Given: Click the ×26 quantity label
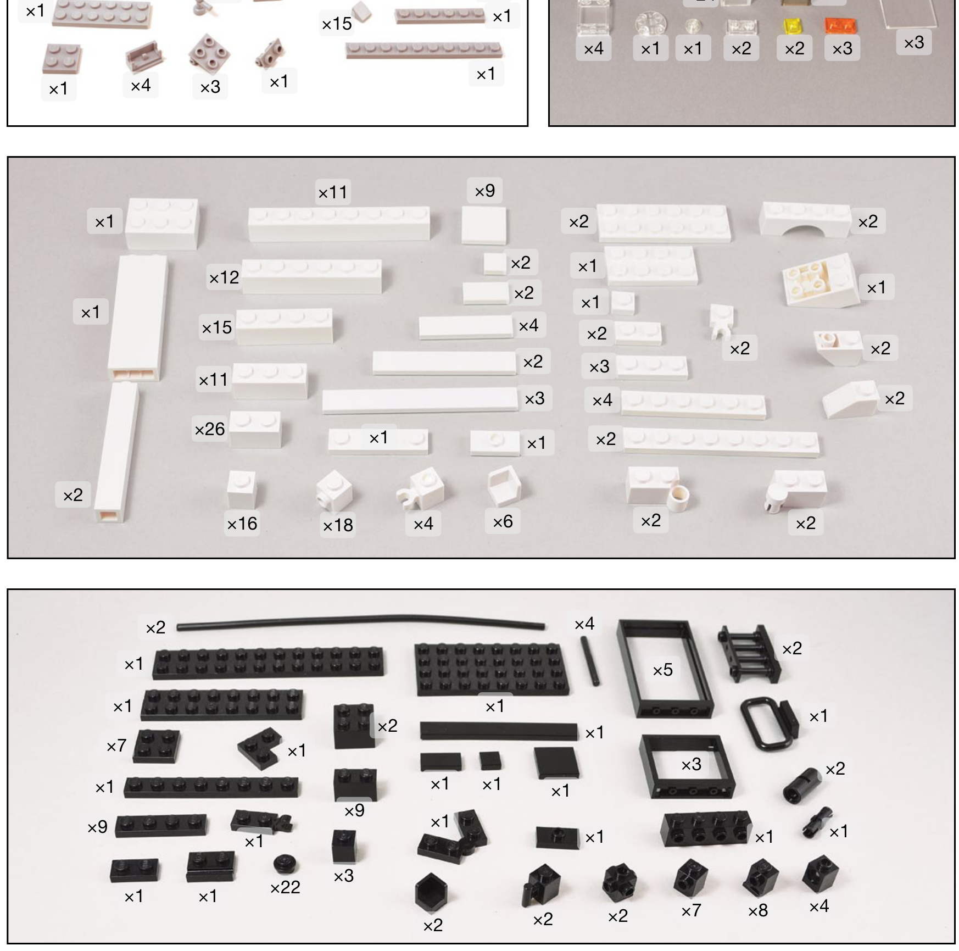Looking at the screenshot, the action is (x=210, y=429).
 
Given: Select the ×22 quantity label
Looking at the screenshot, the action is (x=285, y=887).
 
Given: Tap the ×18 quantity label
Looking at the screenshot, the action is (x=338, y=525).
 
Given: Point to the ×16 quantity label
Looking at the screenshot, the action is (x=242, y=524).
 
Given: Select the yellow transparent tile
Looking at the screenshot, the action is (x=793, y=26).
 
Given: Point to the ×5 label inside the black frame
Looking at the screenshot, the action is (x=662, y=670).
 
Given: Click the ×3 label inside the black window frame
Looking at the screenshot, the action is (x=691, y=764).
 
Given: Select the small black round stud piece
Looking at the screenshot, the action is (x=285, y=864).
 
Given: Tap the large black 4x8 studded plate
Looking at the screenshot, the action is (x=492, y=669).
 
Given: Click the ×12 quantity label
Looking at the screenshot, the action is (x=224, y=277).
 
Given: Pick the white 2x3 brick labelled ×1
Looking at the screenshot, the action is (x=161, y=224).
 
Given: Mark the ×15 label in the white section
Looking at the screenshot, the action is (x=217, y=328).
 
